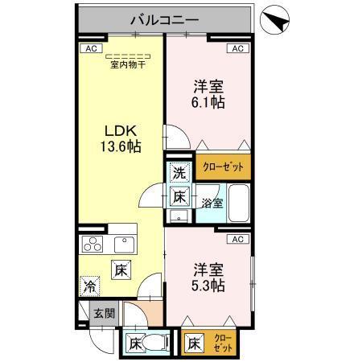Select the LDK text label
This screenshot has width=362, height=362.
click(x=121, y=129)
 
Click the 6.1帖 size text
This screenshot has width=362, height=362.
click(x=208, y=102)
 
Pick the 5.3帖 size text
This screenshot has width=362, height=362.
click(x=208, y=286)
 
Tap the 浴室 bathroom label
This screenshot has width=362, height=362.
click(x=212, y=204)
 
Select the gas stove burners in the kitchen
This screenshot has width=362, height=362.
click(x=93, y=245)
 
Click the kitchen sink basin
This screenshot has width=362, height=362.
click(x=125, y=244)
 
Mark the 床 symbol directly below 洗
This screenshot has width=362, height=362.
click(x=179, y=195)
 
